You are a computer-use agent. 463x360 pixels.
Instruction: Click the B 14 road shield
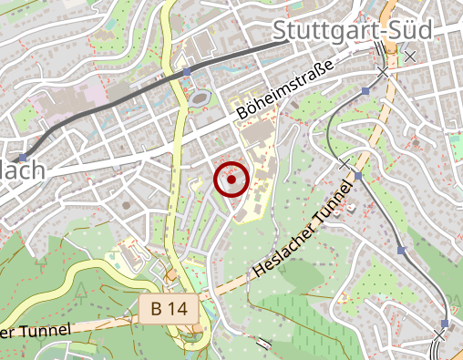point(170,309)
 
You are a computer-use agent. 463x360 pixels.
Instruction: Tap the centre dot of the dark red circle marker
point(231,180)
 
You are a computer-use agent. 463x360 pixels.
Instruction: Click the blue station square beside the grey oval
point(187,72)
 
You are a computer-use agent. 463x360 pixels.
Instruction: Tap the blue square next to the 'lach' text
point(23,157)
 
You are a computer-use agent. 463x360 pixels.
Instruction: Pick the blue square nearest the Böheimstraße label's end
point(366,91)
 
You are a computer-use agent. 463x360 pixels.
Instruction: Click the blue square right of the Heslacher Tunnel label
point(358,176)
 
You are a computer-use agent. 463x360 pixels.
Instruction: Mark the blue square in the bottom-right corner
point(444,324)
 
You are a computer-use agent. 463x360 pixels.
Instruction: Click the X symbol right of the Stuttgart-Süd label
point(410,57)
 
